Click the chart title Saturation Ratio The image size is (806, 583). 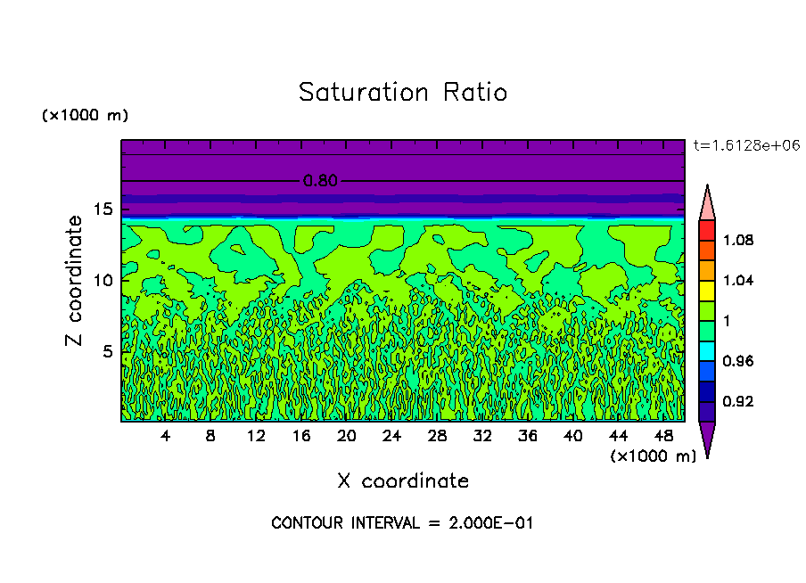tap(402, 93)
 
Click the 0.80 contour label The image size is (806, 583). tap(320, 181)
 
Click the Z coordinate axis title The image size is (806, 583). tap(75, 280)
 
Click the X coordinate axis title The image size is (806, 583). tap(402, 481)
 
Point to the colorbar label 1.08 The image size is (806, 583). tap(737, 241)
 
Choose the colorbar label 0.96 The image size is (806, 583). tap(737, 361)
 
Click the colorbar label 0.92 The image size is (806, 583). tap(737, 401)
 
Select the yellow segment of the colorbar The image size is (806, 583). tap(707, 290)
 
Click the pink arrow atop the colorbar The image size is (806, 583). tap(707, 202)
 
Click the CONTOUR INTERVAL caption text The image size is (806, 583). tap(402, 523)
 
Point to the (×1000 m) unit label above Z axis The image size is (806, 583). tap(85, 116)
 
